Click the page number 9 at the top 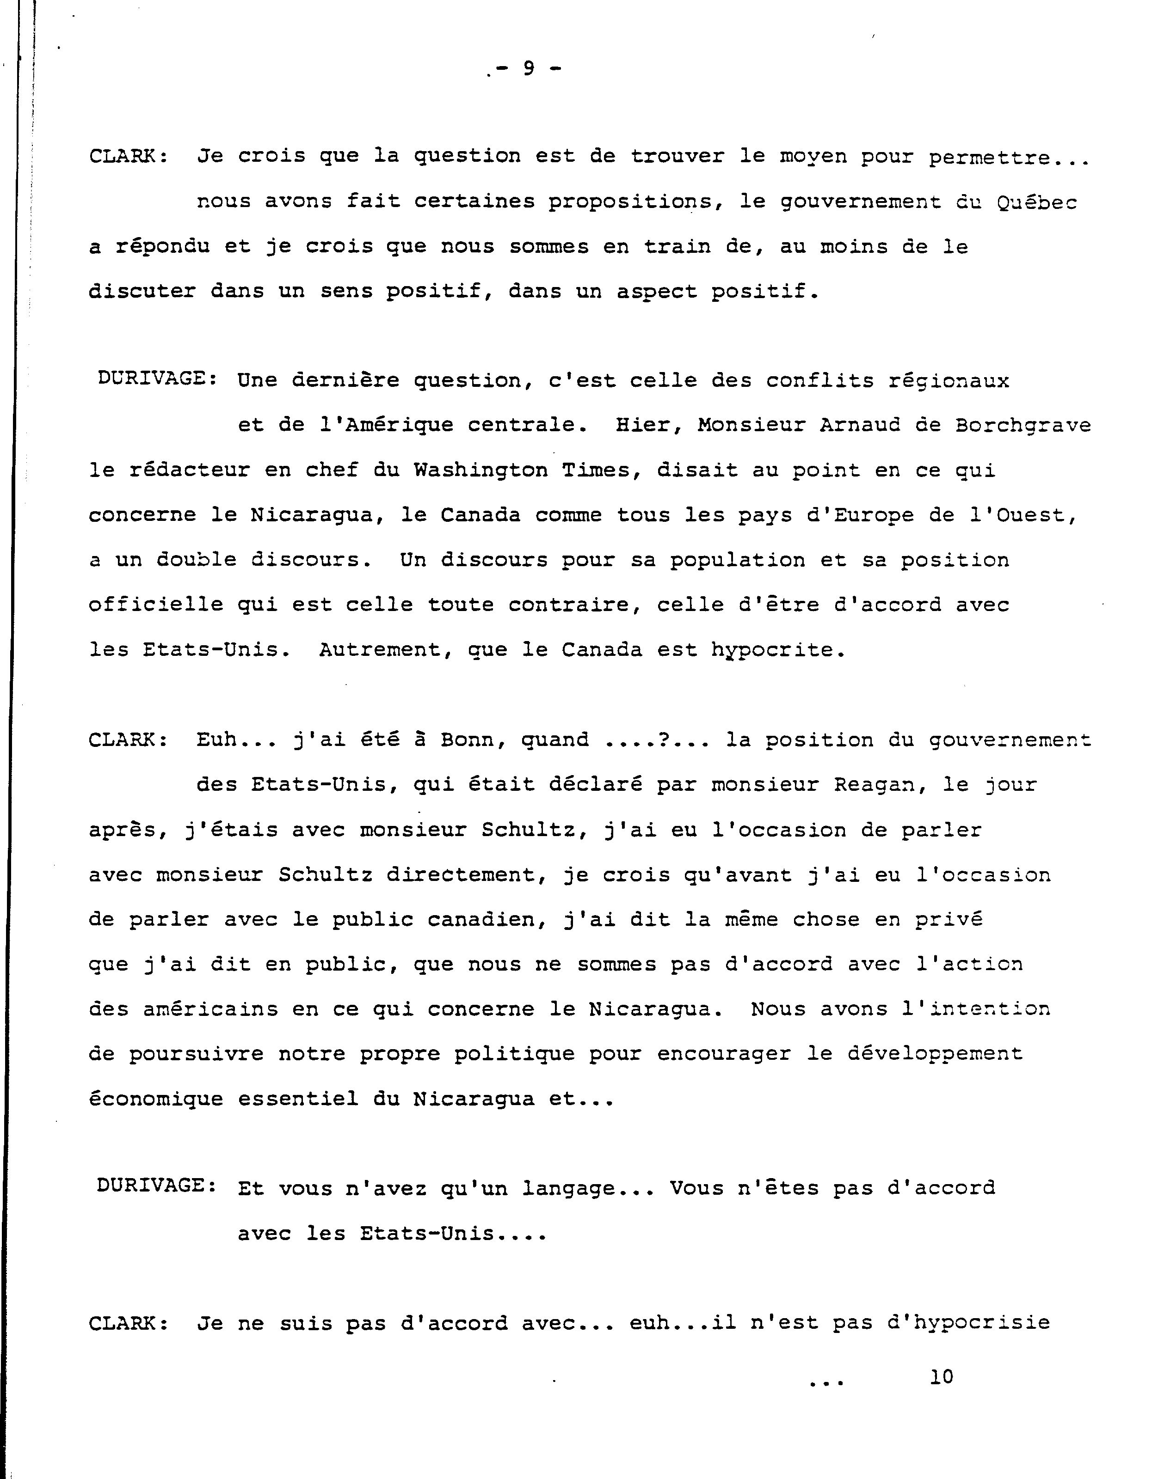pos(529,68)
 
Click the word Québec pos(1037,202)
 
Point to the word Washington pos(481,470)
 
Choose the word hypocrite pos(778,650)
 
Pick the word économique pos(156,1099)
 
